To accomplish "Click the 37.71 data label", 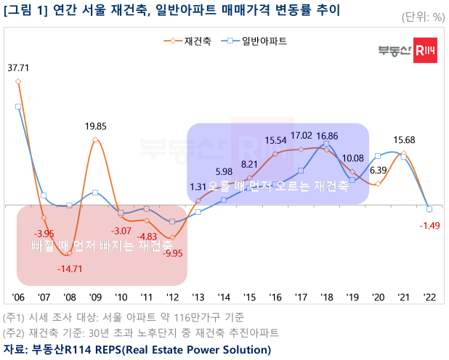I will (19, 68).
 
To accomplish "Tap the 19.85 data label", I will (96, 126).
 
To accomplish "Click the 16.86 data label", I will (327, 136).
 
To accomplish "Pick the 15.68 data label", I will (404, 140).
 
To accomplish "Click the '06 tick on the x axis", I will (18, 298).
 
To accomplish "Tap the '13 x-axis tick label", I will (198, 298).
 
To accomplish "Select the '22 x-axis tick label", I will (429, 298).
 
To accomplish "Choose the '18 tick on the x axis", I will (326, 298).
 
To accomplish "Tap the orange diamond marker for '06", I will (18, 82).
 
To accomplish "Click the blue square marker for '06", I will (18, 107).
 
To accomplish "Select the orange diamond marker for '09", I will (95, 140).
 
